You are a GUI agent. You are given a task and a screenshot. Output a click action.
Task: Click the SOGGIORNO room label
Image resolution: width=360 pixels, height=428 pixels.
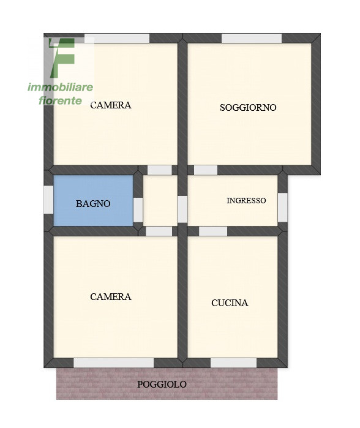[x=248, y=108]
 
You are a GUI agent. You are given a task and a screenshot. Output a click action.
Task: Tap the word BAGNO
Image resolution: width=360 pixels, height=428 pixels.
[x=93, y=204]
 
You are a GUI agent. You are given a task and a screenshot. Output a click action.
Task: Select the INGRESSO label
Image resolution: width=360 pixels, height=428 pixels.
[x=246, y=200]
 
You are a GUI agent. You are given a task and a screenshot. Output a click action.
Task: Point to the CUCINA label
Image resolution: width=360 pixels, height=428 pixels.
[x=230, y=302]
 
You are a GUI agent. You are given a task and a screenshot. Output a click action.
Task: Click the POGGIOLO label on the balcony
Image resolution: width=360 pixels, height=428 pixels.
[x=162, y=385]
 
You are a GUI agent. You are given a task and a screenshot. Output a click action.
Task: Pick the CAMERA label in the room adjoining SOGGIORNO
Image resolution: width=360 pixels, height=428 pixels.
[x=111, y=105]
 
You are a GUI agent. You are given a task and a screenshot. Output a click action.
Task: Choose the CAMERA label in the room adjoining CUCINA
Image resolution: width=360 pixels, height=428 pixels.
[x=111, y=297]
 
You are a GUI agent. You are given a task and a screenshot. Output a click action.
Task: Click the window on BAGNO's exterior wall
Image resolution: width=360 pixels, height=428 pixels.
[x=48, y=200]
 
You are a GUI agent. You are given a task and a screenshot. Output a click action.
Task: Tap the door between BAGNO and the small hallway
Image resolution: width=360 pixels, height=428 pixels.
[x=138, y=209]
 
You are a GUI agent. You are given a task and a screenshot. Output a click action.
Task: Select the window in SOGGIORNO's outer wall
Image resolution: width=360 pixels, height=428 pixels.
[x=251, y=38]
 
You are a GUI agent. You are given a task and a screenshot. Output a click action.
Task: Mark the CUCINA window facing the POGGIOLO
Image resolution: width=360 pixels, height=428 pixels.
[x=233, y=363]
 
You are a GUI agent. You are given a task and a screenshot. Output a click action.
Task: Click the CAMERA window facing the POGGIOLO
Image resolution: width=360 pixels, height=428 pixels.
[x=113, y=363]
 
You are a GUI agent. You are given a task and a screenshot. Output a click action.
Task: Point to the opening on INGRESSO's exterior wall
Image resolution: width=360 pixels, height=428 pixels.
[x=282, y=207]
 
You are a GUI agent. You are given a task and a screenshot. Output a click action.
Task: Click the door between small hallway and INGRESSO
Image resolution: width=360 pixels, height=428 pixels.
[x=182, y=209]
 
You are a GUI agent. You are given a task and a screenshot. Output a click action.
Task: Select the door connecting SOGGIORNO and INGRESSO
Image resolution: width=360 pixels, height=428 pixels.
[x=206, y=170]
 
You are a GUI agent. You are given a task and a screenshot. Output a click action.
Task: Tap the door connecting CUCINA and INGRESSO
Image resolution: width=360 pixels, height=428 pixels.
[x=213, y=231]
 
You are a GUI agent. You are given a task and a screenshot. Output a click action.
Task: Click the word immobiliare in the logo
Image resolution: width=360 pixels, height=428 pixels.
[x=60, y=88]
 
